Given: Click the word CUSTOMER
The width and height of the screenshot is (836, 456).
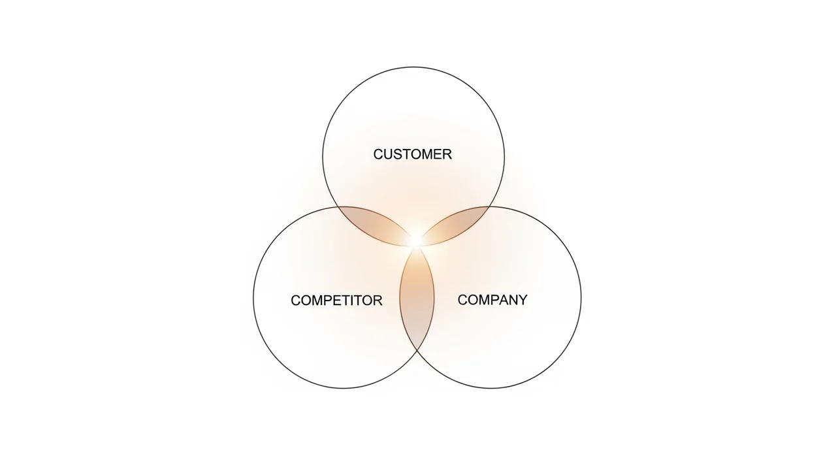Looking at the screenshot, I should tap(412, 154).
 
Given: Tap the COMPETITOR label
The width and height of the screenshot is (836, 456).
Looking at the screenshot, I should tap(336, 301).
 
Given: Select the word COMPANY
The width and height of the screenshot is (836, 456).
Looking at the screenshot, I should tap(492, 300).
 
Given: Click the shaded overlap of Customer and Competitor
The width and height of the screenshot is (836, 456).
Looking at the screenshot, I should tap(374, 222).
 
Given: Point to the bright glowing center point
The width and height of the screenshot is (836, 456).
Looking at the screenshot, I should tap(415, 241).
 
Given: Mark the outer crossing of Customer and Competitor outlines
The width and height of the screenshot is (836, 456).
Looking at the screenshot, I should tap(338, 207).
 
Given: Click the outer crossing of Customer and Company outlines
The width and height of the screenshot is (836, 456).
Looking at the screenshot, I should tap(490, 207).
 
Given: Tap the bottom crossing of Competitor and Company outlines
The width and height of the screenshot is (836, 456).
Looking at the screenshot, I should tap(417, 351).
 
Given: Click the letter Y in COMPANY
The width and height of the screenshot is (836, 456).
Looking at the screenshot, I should tap(522, 300).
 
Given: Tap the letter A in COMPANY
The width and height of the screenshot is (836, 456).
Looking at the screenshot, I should tap(501, 300).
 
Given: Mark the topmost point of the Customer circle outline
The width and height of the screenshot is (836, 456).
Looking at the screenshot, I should tap(413, 67).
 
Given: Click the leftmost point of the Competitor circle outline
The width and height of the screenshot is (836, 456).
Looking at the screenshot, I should tap(253, 298).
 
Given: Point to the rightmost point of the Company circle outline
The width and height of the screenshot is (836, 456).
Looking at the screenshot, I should tap(581, 298).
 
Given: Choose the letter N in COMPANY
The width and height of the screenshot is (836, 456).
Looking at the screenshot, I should tap(511, 300).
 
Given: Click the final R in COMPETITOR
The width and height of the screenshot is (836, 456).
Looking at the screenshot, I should tap(378, 301).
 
